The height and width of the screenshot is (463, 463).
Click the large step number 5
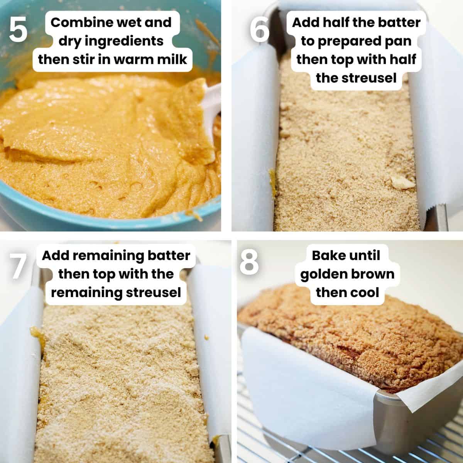[x=18, y=30]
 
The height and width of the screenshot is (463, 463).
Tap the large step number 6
[x=260, y=30]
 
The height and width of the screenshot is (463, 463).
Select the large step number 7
[x=18, y=266]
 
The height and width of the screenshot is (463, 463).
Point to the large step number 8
[x=249, y=263]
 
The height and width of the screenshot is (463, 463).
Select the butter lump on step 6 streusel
[x=402, y=182]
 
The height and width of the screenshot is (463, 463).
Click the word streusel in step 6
[x=368, y=78]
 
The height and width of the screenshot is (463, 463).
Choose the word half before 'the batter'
[x=336, y=23]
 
